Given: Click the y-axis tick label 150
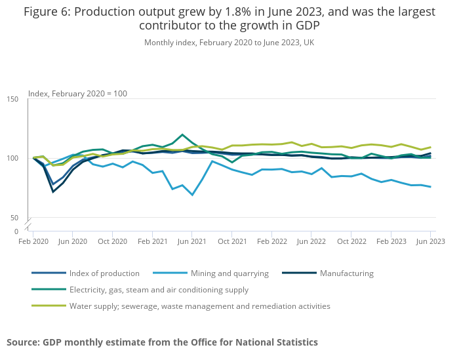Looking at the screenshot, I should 12,99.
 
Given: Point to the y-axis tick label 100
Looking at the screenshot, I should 12,158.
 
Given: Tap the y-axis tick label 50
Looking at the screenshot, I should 14,218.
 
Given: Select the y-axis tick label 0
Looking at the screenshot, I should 16,231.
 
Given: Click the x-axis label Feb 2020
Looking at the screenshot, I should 33,241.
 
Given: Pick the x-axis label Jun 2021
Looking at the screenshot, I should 192,241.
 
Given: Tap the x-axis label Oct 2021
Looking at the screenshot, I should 231,241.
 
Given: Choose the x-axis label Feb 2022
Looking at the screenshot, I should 271,241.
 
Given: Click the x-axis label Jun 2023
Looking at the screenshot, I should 430,241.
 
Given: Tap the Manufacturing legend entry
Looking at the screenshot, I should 346,273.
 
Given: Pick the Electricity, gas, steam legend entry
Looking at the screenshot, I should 159,289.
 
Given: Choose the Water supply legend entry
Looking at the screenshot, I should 199,306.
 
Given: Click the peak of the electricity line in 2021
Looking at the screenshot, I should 182,134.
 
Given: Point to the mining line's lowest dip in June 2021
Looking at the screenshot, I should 192,195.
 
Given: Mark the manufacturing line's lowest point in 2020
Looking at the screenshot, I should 53,192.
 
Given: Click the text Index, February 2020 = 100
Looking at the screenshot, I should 77,94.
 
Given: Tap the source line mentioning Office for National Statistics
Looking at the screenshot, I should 162,342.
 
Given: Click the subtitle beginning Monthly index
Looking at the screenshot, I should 229,43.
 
